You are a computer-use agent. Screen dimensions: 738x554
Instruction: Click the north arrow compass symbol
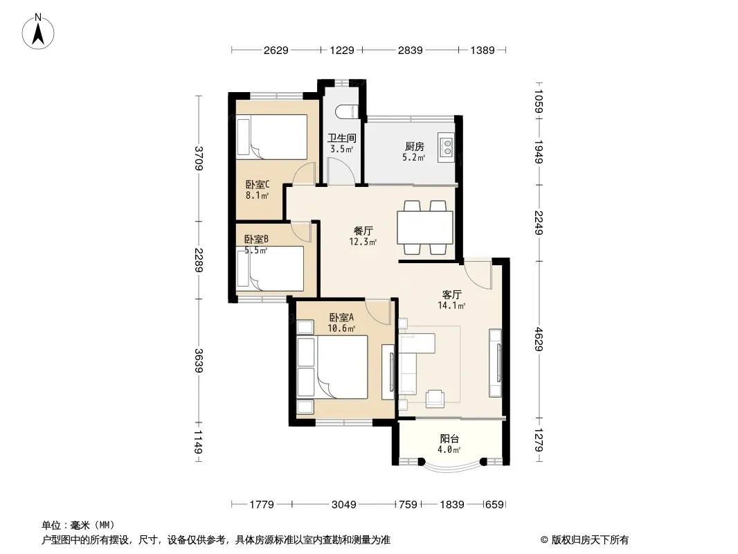[38, 32]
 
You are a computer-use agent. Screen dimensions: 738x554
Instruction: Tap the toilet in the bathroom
[348, 111]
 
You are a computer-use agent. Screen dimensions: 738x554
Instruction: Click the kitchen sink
[446, 147]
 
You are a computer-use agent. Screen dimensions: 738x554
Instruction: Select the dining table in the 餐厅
[425, 228]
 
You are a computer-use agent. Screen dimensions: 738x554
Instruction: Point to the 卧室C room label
[258, 184]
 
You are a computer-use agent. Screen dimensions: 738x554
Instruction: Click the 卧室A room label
[341, 318]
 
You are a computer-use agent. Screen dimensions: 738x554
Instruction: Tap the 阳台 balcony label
[449, 438]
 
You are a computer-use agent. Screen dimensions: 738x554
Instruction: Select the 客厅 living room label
[452, 294]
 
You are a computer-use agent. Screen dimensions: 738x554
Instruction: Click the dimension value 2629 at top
[276, 50]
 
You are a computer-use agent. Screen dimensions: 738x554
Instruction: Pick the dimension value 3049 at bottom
[343, 505]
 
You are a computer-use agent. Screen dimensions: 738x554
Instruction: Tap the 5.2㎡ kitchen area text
[414, 158]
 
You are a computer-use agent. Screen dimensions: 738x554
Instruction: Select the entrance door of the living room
[477, 273]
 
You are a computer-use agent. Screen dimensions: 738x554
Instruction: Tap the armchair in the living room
[434, 399]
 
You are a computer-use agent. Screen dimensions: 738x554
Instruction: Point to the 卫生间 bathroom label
[342, 138]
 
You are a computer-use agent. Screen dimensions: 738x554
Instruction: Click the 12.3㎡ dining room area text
[362, 242]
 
